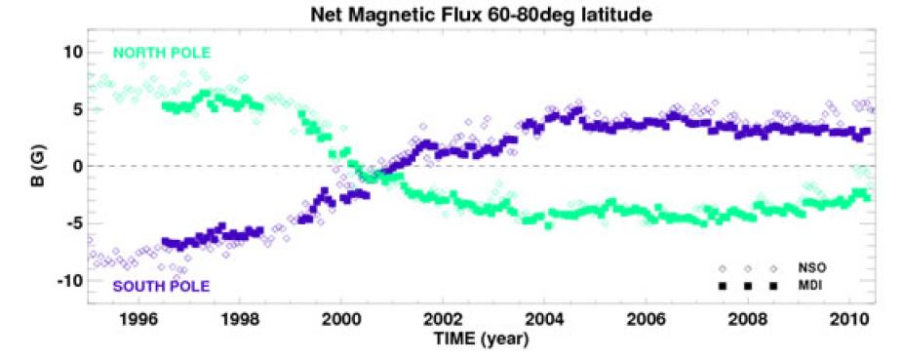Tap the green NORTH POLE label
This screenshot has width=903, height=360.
(161, 52)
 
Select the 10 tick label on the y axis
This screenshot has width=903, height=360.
(69, 51)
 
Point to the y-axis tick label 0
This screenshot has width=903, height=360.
(74, 166)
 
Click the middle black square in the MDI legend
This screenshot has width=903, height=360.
(748, 285)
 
